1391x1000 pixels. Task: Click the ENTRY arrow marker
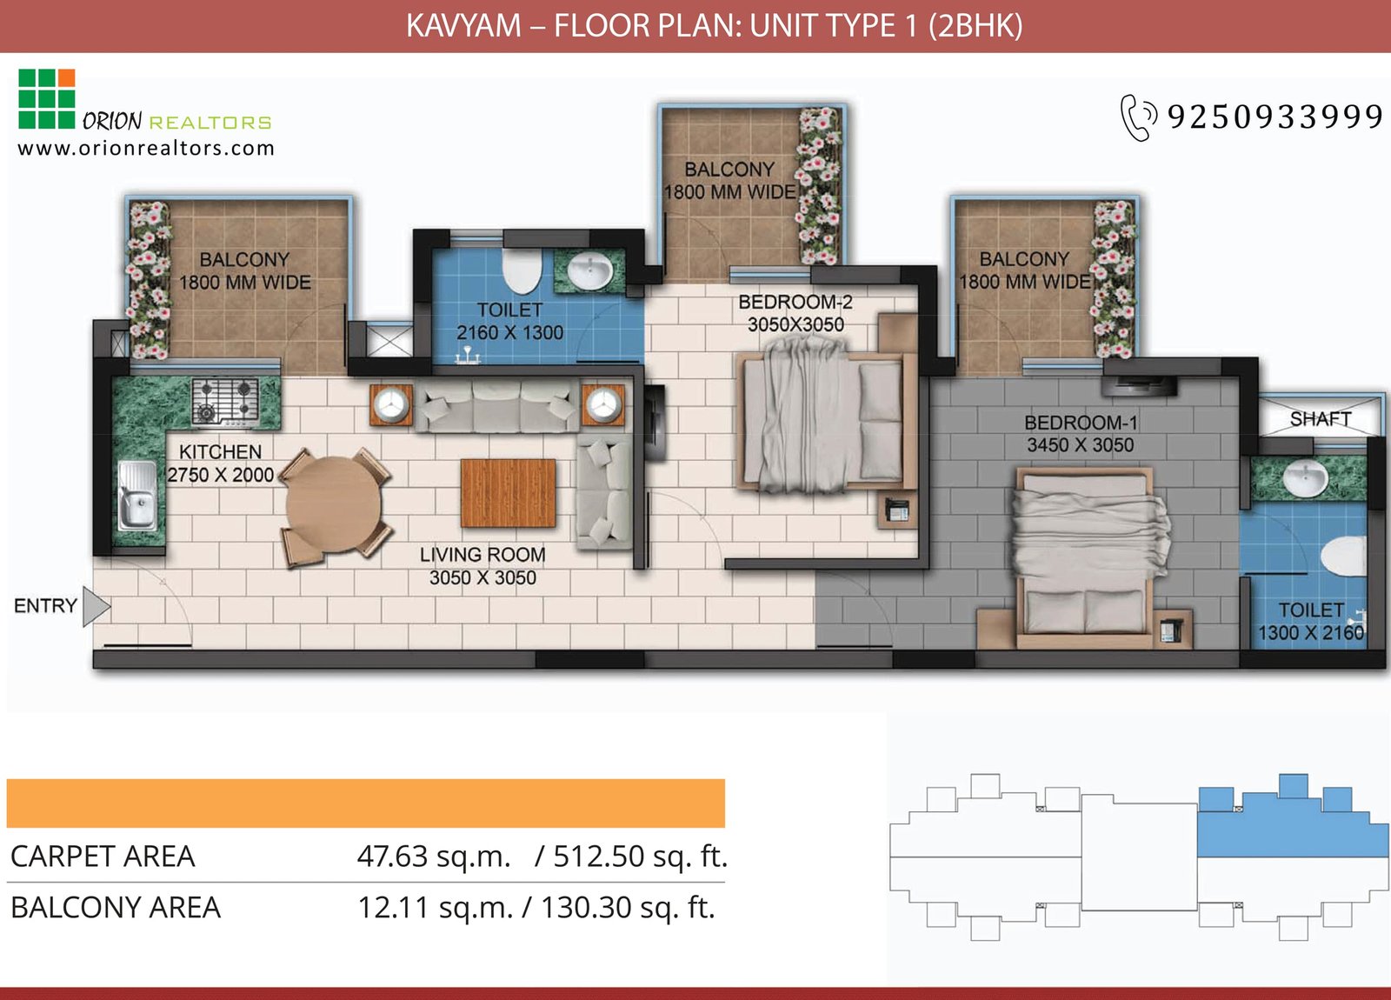(96, 606)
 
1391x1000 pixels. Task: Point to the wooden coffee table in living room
(508, 493)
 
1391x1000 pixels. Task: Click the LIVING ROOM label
(483, 555)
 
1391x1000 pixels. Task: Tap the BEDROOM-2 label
(795, 303)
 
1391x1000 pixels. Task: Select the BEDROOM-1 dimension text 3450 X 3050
(1080, 445)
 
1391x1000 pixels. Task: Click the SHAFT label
(1320, 419)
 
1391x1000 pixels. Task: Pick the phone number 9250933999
(1275, 117)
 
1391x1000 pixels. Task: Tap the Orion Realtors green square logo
(46, 98)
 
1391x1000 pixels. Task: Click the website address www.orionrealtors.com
(146, 148)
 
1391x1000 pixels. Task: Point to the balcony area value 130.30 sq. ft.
(627, 908)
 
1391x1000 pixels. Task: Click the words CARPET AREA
(103, 857)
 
